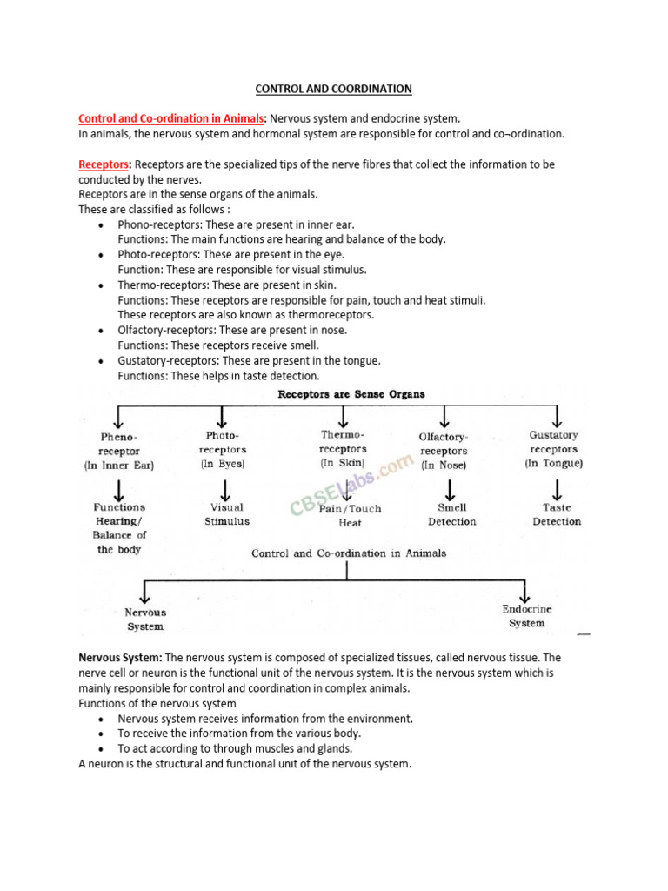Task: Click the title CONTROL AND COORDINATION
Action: coord(333,89)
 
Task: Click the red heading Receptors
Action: coord(104,164)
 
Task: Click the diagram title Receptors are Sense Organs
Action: coord(351,394)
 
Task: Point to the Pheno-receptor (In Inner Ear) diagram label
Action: coord(119,451)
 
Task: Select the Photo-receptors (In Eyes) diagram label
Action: coord(223,449)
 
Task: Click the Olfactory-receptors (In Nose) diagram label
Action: coord(444,451)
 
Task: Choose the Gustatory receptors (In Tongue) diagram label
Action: coord(553,449)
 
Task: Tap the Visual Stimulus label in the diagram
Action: coord(226,514)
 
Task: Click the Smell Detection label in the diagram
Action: coord(451,514)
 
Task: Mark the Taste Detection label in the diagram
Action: coord(557,514)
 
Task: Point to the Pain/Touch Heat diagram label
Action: coord(350,516)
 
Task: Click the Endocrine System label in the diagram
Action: coord(527,616)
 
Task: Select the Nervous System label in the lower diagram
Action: coord(144,619)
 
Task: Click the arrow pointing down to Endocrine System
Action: coord(525,592)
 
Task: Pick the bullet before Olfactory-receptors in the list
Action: coord(103,331)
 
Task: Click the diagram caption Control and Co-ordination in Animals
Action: coord(349,553)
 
